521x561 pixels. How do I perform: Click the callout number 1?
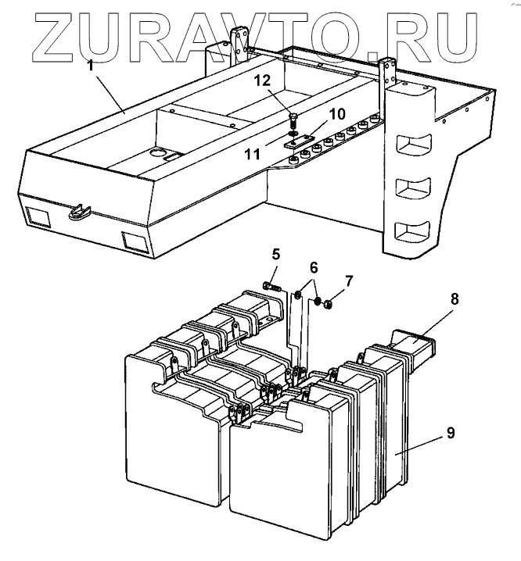click(91, 66)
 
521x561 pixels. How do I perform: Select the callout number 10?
click(337, 114)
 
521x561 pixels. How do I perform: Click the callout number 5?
click(276, 254)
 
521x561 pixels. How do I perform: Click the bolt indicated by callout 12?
click(293, 121)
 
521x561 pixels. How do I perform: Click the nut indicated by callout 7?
click(330, 303)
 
